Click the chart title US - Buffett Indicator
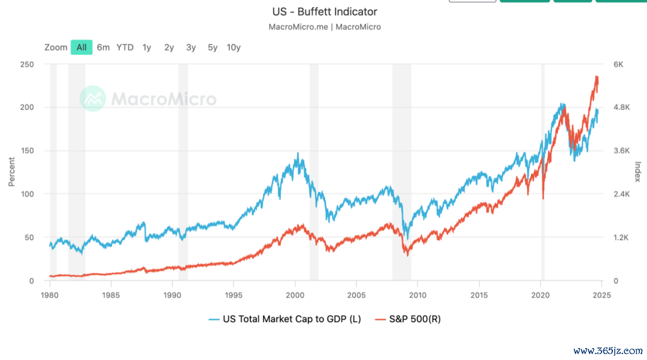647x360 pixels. (324, 11)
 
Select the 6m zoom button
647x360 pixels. (103, 47)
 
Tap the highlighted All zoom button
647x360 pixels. (81, 47)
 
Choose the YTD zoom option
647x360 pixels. (125, 47)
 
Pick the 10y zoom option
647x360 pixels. (234, 47)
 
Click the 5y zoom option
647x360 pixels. (213, 47)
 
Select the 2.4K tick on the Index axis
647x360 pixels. (621, 194)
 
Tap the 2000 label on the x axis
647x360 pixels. (295, 295)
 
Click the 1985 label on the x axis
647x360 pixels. (111, 295)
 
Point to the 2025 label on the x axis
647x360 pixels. (601, 295)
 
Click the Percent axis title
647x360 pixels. (11, 172)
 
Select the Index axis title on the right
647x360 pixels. (637, 172)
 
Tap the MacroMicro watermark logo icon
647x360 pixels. (93, 99)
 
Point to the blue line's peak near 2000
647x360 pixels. (298, 153)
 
